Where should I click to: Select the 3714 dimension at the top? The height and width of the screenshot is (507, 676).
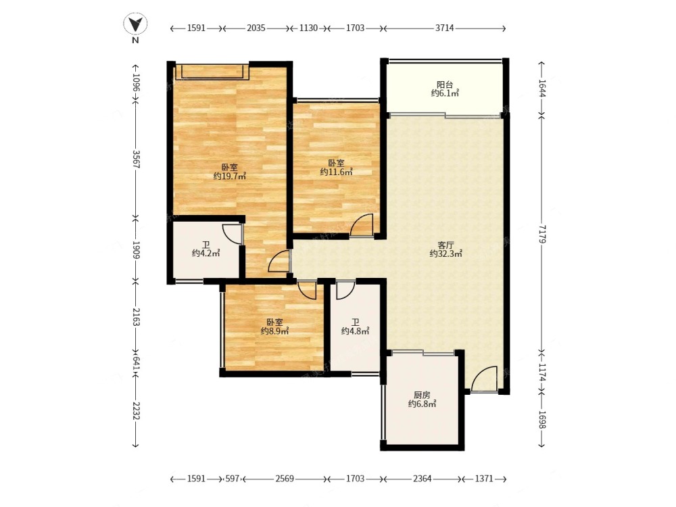(445, 28)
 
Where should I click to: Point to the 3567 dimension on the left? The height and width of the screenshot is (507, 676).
(136, 159)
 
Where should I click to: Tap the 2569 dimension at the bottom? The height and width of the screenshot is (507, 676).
(285, 479)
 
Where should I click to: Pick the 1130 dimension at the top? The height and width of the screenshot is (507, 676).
(308, 28)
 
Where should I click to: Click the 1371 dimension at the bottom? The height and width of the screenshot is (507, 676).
(484, 479)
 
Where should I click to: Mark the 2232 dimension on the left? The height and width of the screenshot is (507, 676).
(136, 411)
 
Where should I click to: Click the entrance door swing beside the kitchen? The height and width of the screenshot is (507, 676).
(484, 379)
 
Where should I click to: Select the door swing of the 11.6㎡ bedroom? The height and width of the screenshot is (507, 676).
(361, 225)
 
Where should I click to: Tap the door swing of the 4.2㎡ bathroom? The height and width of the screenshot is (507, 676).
(233, 234)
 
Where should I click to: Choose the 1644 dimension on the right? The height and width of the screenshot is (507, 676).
(542, 89)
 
